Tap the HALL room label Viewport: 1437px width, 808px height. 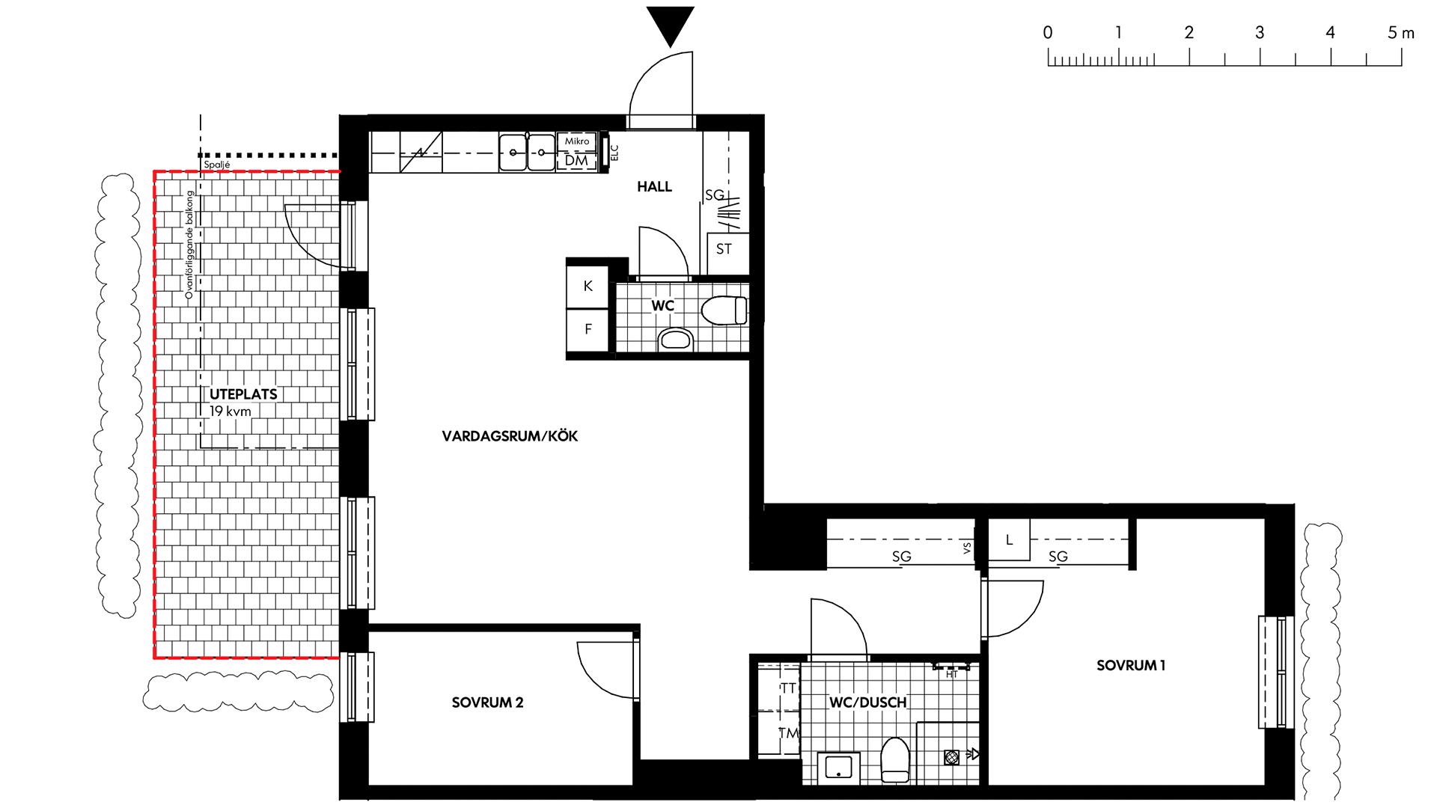point(654,187)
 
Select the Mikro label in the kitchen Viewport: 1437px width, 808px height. point(577,141)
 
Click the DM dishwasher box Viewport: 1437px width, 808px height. point(576,161)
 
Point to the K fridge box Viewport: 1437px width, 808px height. point(588,286)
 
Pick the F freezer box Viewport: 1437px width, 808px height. point(588,329)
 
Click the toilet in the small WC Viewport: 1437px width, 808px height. point(724,310)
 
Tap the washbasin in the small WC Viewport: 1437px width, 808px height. point(676,340)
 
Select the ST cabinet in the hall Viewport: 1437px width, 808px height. point(724,249)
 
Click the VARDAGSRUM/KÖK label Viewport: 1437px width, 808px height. point(510,436)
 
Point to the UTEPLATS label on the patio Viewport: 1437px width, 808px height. point(243,394)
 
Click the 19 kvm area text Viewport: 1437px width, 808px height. point(231,411)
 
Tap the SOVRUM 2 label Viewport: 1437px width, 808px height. point(487,703)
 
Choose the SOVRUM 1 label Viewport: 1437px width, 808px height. point(1131,665)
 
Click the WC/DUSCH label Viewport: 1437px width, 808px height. point(868,703)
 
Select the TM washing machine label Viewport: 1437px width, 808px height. point(789,733)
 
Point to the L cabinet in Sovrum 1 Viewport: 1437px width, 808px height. point(1009,540)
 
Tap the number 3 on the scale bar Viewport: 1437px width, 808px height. point(1260,33)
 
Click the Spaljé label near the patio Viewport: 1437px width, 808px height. point(217,165)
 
